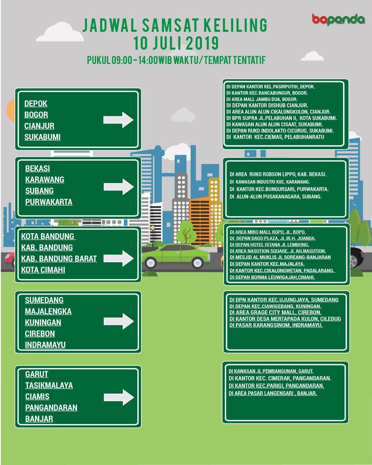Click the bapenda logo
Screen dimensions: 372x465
(338, 19)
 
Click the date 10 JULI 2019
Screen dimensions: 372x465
(176, 43)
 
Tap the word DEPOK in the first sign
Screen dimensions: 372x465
(36, 104)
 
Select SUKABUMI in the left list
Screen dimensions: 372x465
(43, 137)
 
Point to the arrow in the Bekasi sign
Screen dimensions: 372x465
(118, 186)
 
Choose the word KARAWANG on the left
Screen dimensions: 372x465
(45, 180)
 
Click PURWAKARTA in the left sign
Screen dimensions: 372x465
(49, 202)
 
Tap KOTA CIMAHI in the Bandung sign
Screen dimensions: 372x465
(43, 270)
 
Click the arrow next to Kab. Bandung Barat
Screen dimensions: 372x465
(118, 258)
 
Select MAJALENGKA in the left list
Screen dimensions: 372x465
(48, 312)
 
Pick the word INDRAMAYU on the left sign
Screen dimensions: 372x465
(45, 345)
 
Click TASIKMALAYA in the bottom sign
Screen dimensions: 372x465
(49, 386)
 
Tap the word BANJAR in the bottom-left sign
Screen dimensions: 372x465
(39, 419)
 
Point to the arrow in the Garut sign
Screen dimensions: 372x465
(119, 397)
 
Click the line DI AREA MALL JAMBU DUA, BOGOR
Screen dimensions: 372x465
(267, 99)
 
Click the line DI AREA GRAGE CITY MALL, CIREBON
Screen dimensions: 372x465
(275, 312)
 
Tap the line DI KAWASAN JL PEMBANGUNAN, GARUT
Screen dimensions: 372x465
(271, 371)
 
